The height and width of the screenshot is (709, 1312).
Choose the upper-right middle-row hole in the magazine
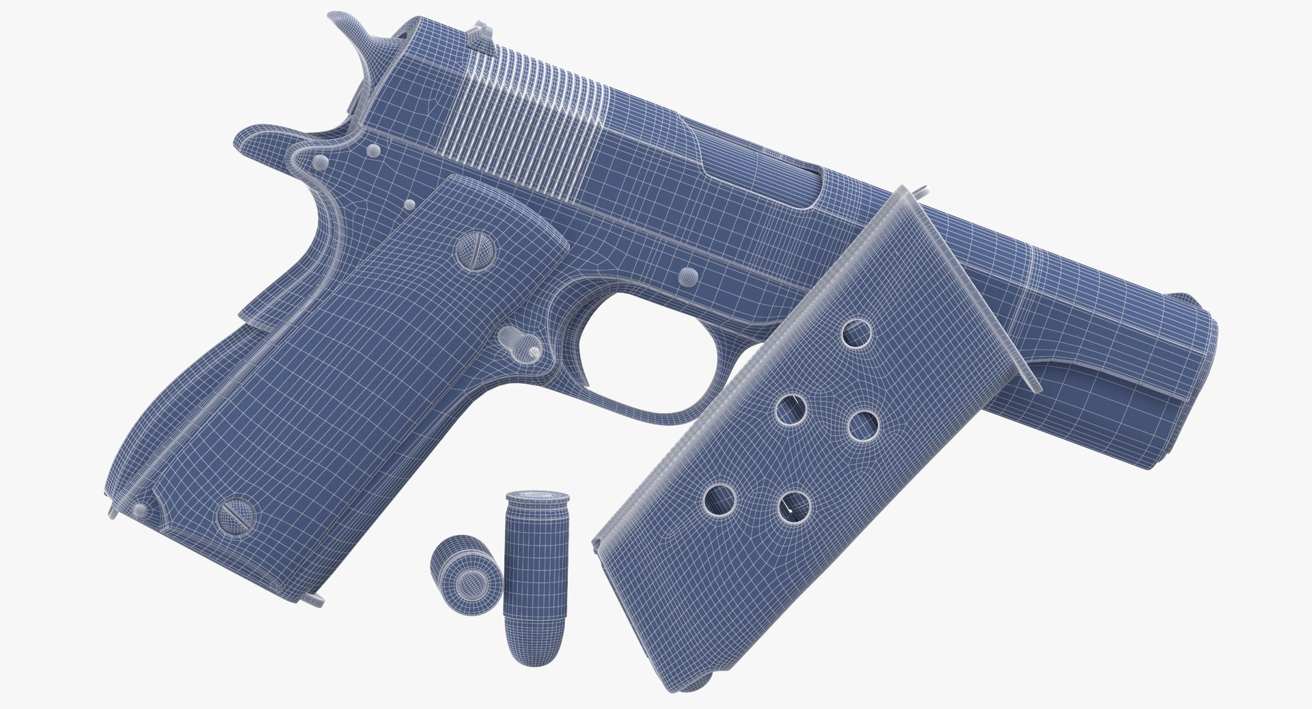(863, 425)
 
